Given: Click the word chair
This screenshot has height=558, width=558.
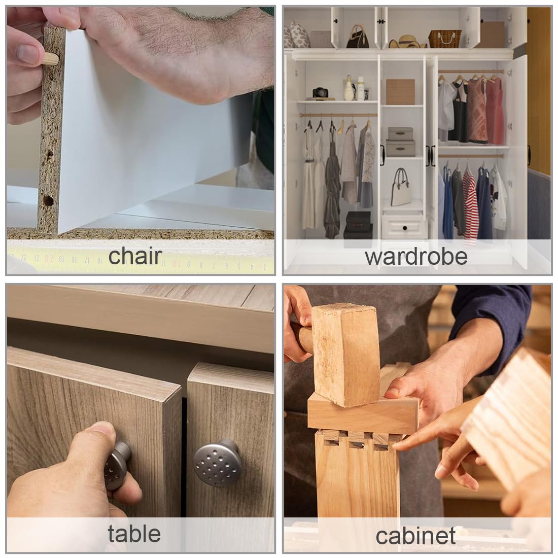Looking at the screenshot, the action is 135,256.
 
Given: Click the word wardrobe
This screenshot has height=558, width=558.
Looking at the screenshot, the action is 416,257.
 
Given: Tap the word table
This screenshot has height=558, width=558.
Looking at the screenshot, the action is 134,534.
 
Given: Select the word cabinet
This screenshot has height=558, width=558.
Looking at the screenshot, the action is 415,536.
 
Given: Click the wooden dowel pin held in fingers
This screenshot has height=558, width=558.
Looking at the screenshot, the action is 51,58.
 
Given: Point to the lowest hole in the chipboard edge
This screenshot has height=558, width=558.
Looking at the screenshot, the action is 48,200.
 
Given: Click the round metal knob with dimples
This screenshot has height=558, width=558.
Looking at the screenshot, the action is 217,463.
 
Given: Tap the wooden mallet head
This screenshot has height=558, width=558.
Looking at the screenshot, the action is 344,355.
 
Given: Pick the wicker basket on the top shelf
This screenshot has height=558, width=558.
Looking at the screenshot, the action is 445,39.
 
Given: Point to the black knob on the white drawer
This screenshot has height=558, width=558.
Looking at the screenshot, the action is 405,228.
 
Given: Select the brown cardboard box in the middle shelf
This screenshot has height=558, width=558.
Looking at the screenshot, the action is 400,91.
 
